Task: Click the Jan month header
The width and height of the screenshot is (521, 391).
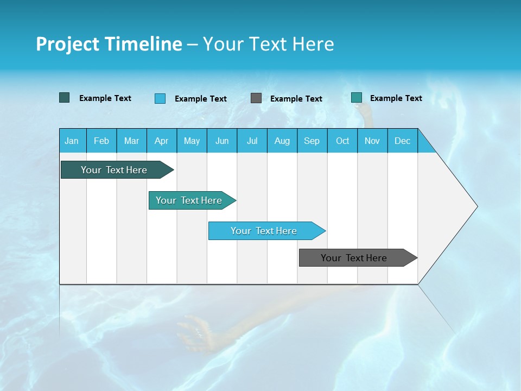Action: coord(72,141)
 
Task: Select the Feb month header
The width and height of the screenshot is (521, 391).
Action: coord(101,141)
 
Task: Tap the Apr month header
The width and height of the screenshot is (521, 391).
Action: coord(161,141)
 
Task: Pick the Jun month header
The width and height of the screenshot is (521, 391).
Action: coord(222,141)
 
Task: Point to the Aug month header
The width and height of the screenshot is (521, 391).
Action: coord(282,141)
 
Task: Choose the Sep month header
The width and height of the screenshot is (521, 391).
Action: coord(312,141)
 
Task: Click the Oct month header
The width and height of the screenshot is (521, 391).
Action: coord(342,141)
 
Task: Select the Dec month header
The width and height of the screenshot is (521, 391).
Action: coord(403,141)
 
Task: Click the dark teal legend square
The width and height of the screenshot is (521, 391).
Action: coord(65,98)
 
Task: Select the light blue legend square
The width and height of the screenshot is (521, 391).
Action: coord(160,98)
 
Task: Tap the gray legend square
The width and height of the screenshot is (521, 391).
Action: coord(256,98)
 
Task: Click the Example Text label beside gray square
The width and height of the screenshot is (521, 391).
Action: coord(296,98)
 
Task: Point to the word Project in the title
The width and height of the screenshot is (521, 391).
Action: coord(68,44)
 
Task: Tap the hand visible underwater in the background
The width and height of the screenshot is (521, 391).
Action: coord(195,331)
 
